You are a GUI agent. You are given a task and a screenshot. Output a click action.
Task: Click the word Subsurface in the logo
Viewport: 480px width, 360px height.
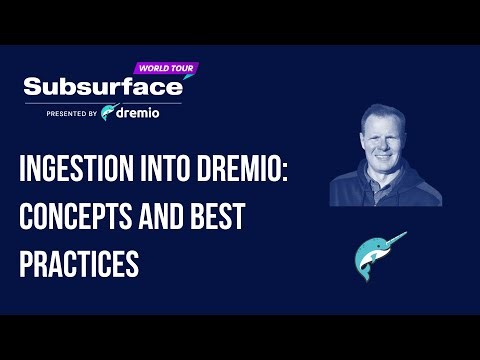[100, 87]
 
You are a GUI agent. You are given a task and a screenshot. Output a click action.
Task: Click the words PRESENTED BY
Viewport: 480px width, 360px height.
[71, 114]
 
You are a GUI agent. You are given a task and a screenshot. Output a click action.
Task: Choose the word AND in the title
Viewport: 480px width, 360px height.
[171, 218]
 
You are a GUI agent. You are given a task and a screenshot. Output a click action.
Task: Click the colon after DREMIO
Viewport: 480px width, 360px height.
[312, 174]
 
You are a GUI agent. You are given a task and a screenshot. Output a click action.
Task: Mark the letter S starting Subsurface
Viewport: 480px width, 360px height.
[32, 87]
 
